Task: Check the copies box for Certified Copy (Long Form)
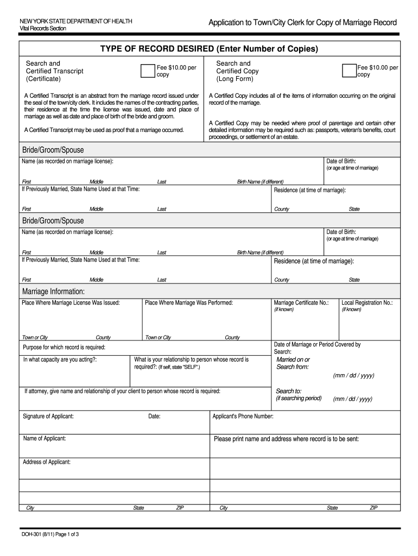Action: (349, 71)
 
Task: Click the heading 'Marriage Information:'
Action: (53, 292)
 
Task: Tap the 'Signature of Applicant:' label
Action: (48, 416)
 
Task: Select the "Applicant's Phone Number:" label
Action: (243, 416)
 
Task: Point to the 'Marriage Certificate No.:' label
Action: (301, 303)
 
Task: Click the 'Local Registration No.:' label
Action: (367, 303)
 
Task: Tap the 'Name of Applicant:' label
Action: (45, 438)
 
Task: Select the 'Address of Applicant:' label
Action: (47, 462)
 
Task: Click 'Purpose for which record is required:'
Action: (64, 347)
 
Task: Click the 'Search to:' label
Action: (289, 391)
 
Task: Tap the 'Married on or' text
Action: (293, 359)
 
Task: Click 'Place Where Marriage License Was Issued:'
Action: (71, 303)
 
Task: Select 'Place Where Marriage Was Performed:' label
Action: (189, 303)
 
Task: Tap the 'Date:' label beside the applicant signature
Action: (154, 416)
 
